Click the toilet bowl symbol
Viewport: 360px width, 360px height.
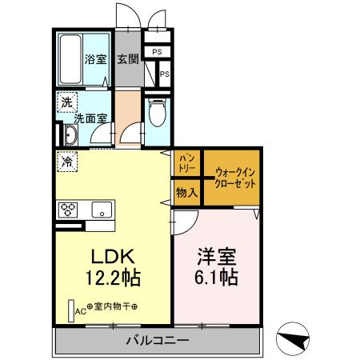pos(157,113)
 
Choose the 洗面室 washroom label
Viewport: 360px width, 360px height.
pos(90,119)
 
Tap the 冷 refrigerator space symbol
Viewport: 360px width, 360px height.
pos(67,160)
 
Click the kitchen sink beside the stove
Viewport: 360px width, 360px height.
pos(102,210)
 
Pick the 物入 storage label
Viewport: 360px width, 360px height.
pos(186,192)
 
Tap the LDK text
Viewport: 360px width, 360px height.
pos(114,258)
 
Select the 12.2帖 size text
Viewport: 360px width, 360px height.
pos(114,278)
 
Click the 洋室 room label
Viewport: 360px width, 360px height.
pos(217,258)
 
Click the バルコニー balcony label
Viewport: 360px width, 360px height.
pos(157,341)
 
